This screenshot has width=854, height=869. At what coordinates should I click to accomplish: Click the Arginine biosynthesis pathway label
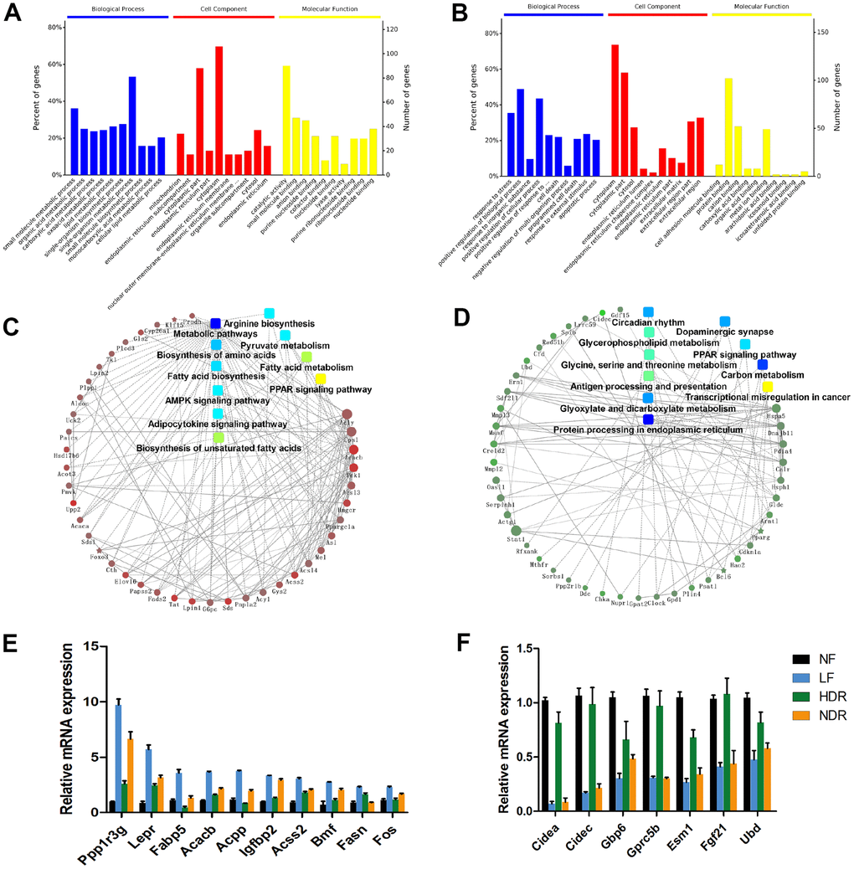(x=269, y=323)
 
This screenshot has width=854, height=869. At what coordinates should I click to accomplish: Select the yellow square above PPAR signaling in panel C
(x=321, y=379)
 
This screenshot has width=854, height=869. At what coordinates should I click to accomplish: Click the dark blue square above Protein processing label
(x=648, y=419)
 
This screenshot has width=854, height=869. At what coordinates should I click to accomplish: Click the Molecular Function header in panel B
(x=753, y=8)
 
